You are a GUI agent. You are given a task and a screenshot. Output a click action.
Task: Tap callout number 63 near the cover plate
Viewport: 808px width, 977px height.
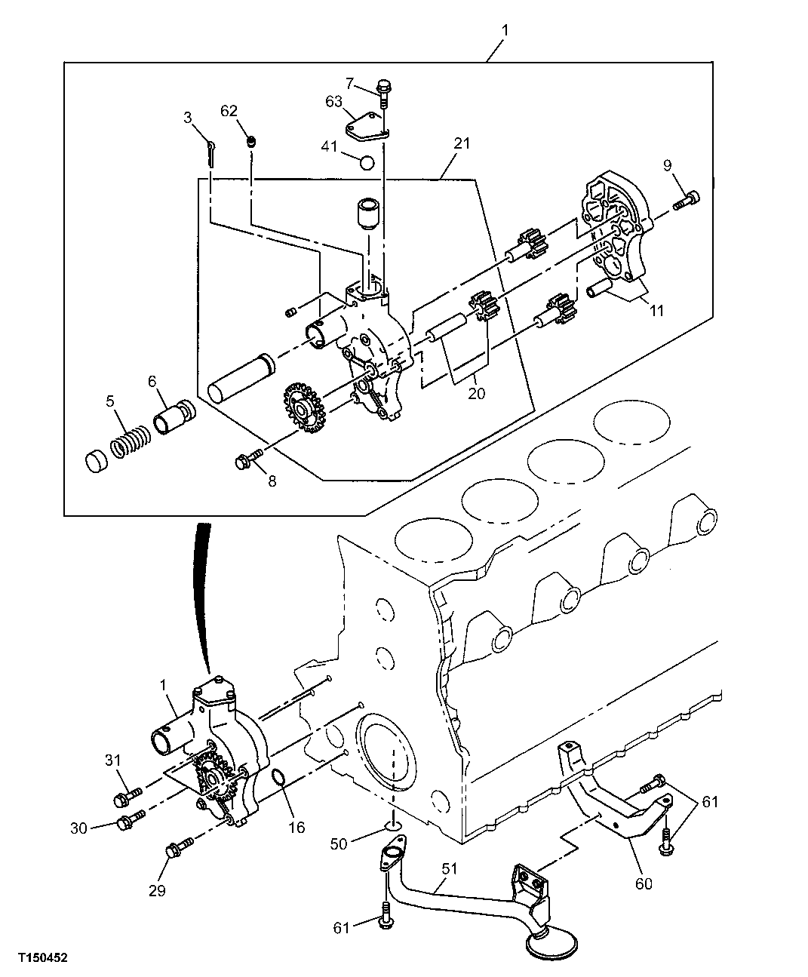pos(334,101)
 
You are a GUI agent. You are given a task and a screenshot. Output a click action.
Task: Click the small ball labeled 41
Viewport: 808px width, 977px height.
pos(367,161)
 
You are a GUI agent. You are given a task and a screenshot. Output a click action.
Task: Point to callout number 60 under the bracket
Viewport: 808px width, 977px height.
pos(643,883)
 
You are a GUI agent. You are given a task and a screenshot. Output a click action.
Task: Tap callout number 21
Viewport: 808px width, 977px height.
pos(462,143)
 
